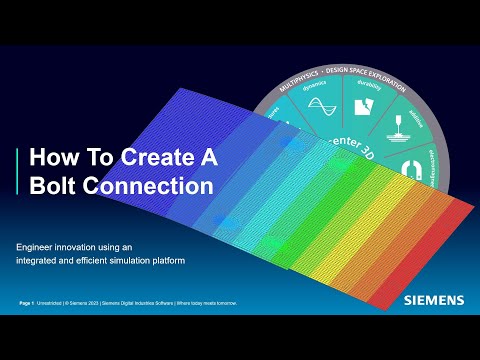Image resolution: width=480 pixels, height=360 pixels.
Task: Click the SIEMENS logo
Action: click(434, 299)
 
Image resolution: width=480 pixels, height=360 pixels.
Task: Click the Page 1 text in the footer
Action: click(27, 302)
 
